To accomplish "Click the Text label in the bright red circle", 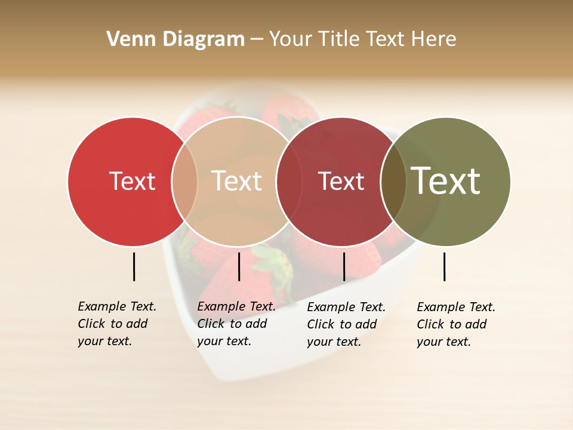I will [132, 182].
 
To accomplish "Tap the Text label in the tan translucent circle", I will [236, 182].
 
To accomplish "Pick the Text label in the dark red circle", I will [341, 182].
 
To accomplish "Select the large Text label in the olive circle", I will [446, 181].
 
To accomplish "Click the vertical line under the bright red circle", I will [134, 266].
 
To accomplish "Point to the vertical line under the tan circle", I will [239, 266].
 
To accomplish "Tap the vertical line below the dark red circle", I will [344, 266].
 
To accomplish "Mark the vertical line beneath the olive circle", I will [444, 266].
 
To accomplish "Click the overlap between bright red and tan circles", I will [185, 182].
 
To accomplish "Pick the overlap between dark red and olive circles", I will [393, 182].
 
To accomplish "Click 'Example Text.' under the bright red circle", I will [117, 306].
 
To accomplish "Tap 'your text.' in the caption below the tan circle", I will [224, 341].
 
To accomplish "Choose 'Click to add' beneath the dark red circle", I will [342, 324].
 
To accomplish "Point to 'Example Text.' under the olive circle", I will [456, 307].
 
